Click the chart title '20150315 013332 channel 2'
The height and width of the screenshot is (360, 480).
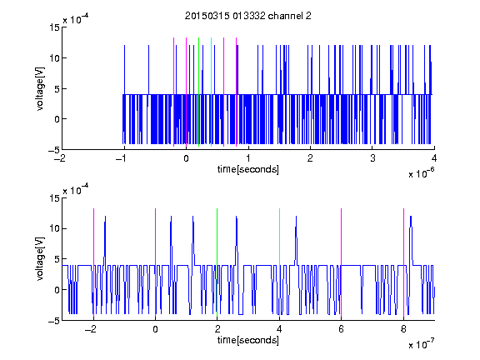[x=248, y=16]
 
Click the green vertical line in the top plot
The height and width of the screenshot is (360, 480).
[x=198, y=92]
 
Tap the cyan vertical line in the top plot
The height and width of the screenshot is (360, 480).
[x=211, y=92]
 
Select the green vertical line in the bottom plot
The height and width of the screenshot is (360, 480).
[x=217, y=262]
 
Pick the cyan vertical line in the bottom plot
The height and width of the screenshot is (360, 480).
[x=279, y=262]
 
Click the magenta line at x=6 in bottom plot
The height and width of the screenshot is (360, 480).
[x=342, y=262]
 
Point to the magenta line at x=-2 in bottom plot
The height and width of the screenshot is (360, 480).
[x=93, y=262]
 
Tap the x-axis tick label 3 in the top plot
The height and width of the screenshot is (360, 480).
[x=372, y=158]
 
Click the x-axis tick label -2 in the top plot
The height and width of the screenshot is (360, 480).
[x=60, y=158]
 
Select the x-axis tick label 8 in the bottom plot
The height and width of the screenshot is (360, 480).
[x=403, y=329]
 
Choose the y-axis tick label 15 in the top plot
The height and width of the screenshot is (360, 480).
[x=54, y=27]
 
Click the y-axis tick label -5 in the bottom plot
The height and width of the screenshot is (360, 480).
[x=54, y=321]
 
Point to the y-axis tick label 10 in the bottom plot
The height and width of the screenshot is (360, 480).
[x=54, y=228]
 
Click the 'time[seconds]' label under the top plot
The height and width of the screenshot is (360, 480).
[x=248, y=169]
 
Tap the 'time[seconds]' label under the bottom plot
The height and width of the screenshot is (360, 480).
[x=248, y=340]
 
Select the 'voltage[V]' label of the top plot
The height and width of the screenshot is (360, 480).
[x=40, y=89]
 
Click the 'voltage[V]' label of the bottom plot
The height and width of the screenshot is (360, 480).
[x=40, y=259]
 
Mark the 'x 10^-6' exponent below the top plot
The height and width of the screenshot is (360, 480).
[x=421, y=173]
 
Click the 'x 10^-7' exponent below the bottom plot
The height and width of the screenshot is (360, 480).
[x=421, y=344]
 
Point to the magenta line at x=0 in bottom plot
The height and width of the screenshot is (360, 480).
[x=156, y=262]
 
